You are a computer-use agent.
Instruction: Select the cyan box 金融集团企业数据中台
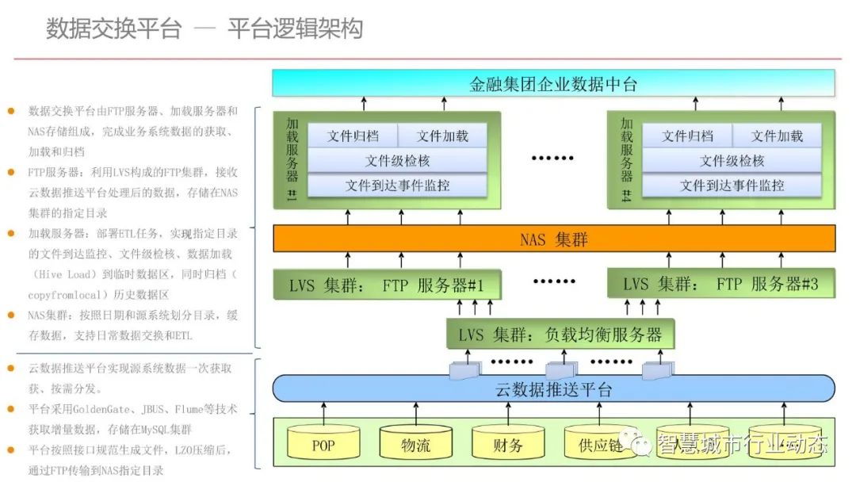tap(553, 84)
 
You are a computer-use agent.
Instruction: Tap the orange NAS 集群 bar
tap(553, 239)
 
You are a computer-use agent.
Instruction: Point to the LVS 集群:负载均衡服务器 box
tap(560, 335)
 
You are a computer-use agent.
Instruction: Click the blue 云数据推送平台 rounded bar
tap(553, 389)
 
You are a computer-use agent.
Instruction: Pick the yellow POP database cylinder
tap(323, 445)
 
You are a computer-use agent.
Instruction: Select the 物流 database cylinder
tap(415, 445)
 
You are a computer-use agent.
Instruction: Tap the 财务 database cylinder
tap(507, 445)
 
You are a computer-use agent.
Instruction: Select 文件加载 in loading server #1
tap(442, 136)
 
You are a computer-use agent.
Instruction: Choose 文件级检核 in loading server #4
tap(732, 161)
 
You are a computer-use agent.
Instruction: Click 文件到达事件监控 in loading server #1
tap(397, 186)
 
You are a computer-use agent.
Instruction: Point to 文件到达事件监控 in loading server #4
tap(732, 186)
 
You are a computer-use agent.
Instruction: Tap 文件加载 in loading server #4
tap(777, 136)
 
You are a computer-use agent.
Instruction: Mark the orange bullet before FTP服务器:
tap(10, 171)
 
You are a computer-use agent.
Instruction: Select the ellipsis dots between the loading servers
tap(552, 158)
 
